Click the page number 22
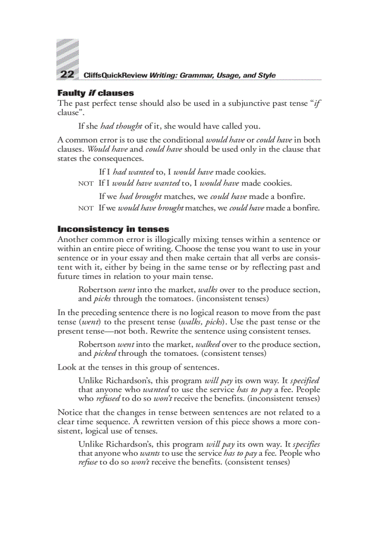point(66,75)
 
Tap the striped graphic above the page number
point(67,53)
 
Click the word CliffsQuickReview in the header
point(115,76)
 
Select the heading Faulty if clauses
point(96,93)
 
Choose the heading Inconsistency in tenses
point(113,229)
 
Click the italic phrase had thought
point(121,127)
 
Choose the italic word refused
point(108,398)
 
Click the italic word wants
point(150,453)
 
